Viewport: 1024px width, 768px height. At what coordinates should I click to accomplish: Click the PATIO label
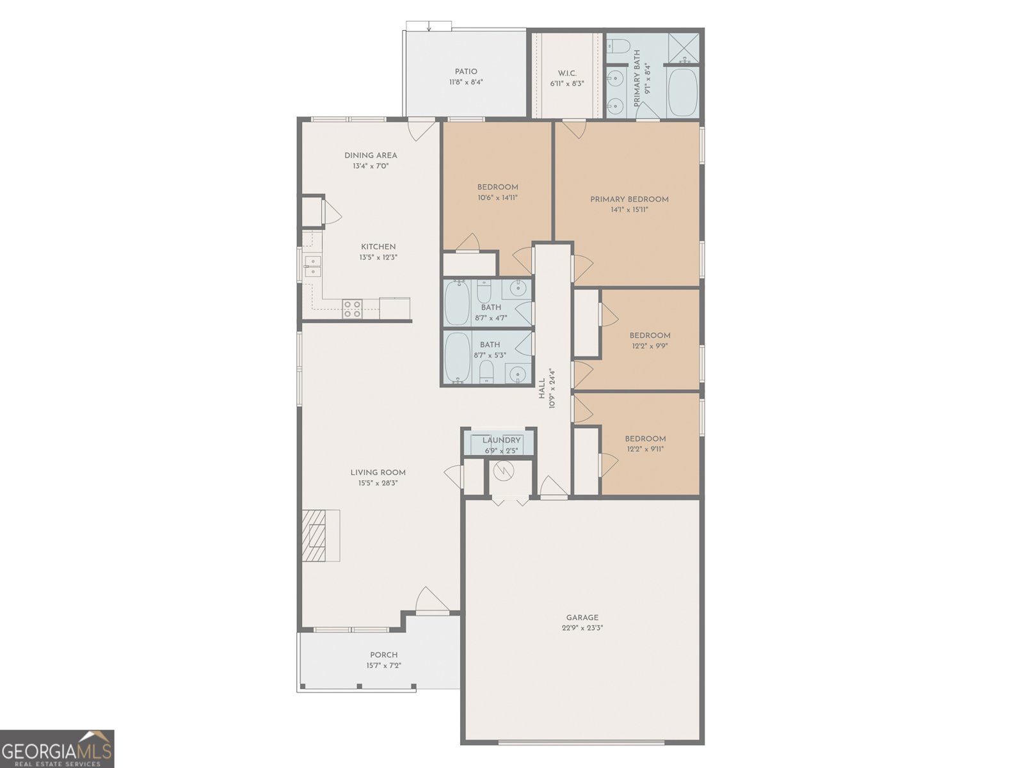466,72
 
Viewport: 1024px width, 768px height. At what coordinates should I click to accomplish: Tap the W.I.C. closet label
567,73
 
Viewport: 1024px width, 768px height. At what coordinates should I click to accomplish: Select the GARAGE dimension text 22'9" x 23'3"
582,628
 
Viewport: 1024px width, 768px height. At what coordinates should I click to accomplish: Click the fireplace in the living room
321,535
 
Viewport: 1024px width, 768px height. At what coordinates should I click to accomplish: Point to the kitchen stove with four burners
352,308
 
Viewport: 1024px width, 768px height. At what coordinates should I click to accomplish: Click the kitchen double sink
312,266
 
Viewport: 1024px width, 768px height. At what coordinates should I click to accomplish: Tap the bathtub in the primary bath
683,92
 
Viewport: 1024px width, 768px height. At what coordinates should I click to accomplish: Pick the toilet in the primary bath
618,45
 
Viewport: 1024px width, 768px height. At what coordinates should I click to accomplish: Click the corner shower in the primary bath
684,47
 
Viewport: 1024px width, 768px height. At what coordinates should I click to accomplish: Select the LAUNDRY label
501,440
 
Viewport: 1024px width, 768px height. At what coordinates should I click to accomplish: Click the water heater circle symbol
504,471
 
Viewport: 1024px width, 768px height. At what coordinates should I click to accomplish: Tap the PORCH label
383,655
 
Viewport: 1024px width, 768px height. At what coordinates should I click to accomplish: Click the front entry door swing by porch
432,602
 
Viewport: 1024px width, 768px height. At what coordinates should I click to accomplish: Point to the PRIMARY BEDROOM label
629,199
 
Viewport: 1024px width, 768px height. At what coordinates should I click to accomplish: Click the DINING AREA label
371,155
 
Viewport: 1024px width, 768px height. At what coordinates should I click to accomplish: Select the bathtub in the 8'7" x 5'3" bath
457,356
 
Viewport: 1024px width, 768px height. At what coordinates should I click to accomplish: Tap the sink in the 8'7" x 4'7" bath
516,289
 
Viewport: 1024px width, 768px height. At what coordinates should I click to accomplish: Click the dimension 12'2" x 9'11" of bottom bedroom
645,449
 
